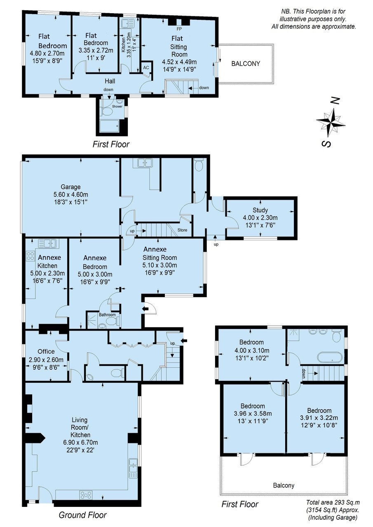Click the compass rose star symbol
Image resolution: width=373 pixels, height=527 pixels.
(x=331, y=122)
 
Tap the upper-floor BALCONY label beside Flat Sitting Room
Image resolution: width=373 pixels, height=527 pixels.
(x=246, y=63)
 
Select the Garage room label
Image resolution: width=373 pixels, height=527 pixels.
(x=70, y=187)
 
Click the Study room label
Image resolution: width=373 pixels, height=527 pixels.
(x=260, y=210)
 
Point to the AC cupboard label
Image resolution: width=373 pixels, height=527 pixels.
(x=146, y=68)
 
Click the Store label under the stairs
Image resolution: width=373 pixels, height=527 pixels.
(x=182, y=230)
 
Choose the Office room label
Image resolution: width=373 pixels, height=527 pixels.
(x=46, y=351)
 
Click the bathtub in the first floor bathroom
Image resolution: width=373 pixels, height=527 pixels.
(x=329, y=358)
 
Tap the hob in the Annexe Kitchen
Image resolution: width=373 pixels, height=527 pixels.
(x=30, y=256)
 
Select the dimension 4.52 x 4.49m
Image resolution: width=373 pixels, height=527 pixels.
(x=179, y=62)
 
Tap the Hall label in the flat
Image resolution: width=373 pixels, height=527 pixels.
(x=110, y=81)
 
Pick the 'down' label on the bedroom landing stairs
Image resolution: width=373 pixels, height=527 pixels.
(x=303, y=373)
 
